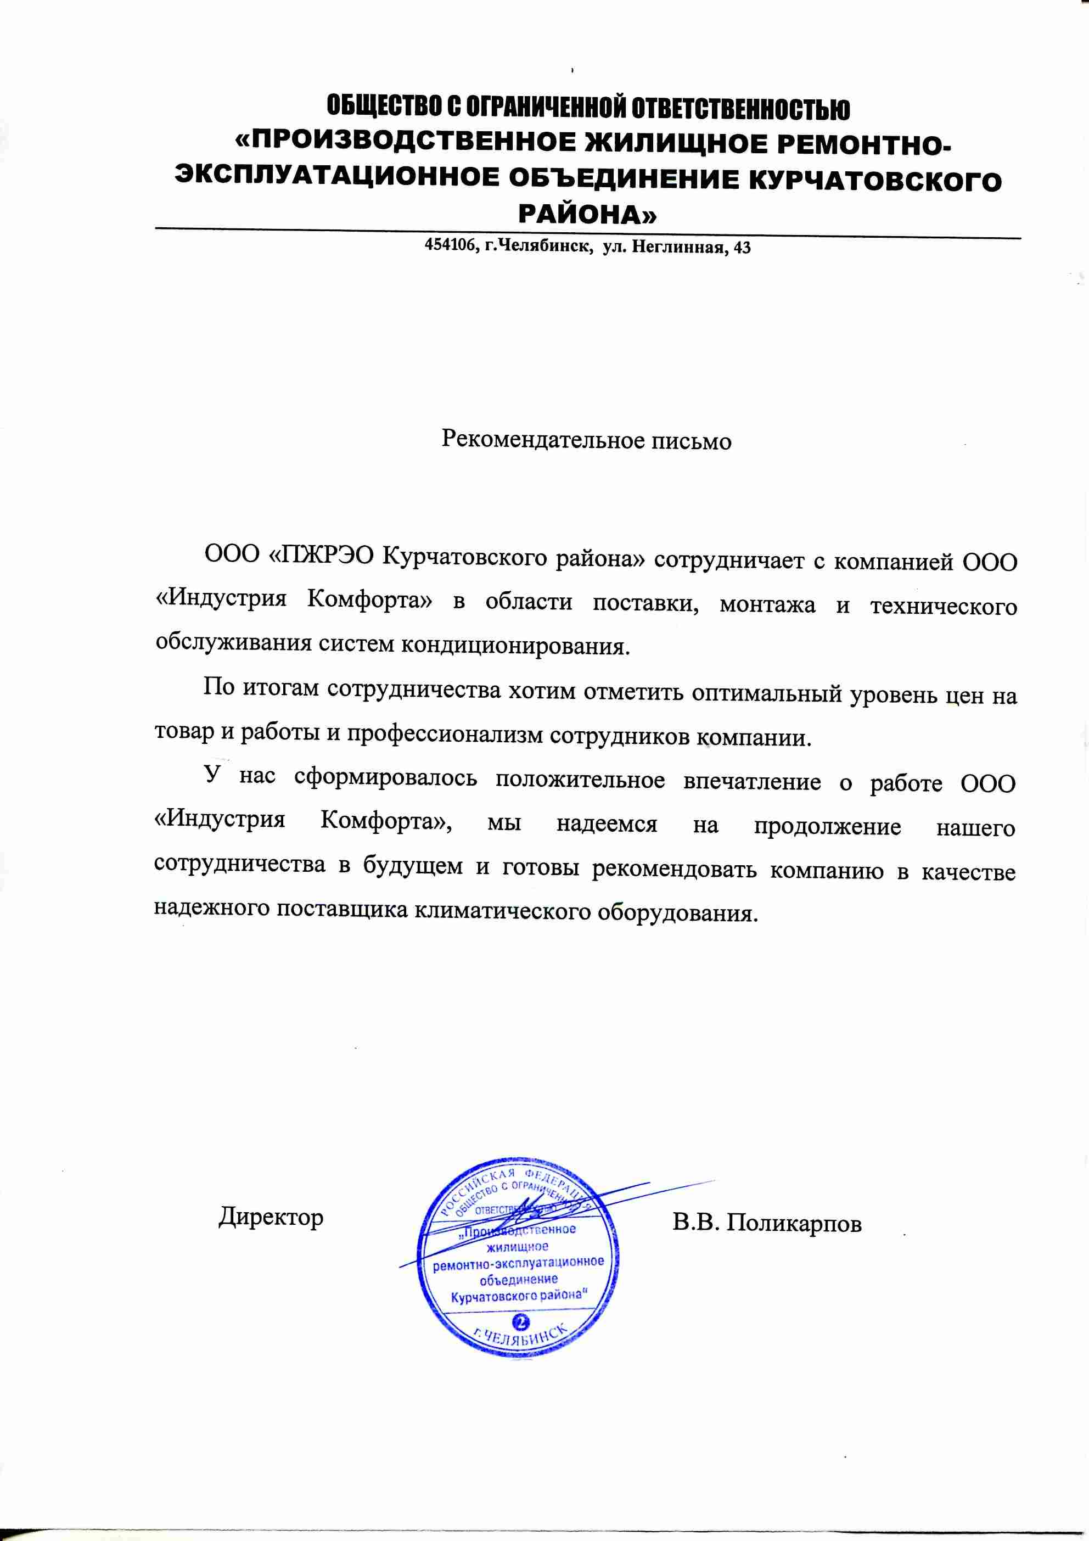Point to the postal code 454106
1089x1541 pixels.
click(x=450, y=248)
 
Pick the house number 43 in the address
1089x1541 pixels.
click(x=743, y=248)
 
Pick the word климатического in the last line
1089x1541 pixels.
click(x=503, y=911)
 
